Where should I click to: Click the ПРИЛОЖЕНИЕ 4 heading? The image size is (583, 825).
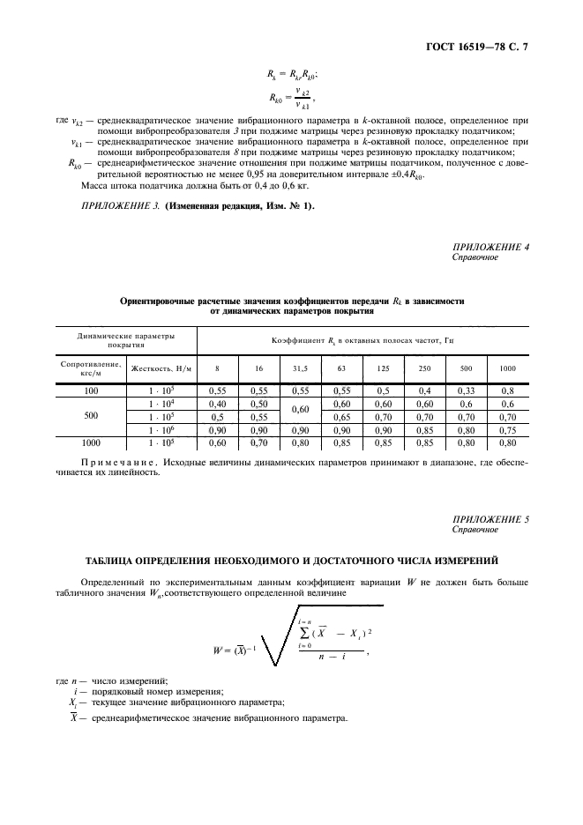490,248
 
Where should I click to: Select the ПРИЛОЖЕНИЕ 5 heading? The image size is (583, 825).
490,520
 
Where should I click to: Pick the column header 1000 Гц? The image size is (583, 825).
507,368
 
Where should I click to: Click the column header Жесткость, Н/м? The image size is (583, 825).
161,368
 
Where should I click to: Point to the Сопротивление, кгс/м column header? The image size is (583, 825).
91,368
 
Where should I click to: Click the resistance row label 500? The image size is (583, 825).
91,416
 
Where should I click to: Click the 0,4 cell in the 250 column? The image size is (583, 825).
424,389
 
